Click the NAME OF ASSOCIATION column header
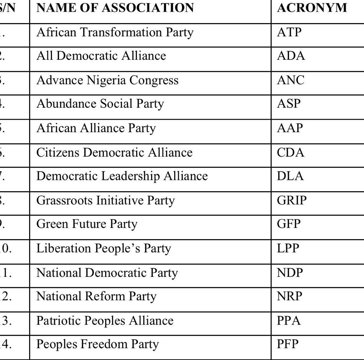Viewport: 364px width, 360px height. tap(115, 8)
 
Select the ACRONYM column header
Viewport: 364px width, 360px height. tap(312, 8)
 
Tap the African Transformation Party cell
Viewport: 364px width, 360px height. tap(115, 32)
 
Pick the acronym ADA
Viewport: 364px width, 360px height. tap(291, 56)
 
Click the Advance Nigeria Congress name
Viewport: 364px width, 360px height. tap(107, 80)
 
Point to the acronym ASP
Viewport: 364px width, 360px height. tap(289, 104)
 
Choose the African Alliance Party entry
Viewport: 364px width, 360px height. tap(96, 128)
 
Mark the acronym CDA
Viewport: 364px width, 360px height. tap(291, 152)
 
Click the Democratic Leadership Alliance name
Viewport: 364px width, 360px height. tap(122, 176)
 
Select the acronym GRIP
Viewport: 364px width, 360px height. tap(291, 200)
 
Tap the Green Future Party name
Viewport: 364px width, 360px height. tap(87, 224)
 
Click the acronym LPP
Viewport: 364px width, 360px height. tap(288, 248)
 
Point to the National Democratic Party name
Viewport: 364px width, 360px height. tap(107, 273)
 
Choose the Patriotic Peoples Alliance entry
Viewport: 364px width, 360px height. tap(105, 321)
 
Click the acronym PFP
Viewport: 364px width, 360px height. tap(288, 344)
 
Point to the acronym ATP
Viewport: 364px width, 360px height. tap(289, 32)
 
